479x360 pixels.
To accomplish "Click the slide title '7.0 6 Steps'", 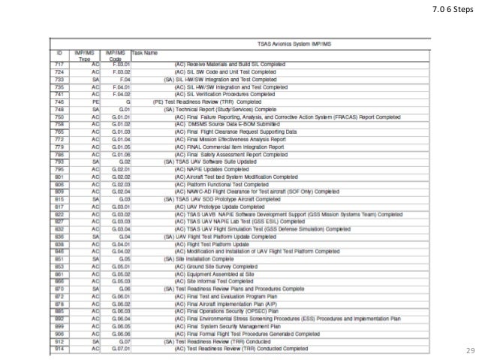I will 450,10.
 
